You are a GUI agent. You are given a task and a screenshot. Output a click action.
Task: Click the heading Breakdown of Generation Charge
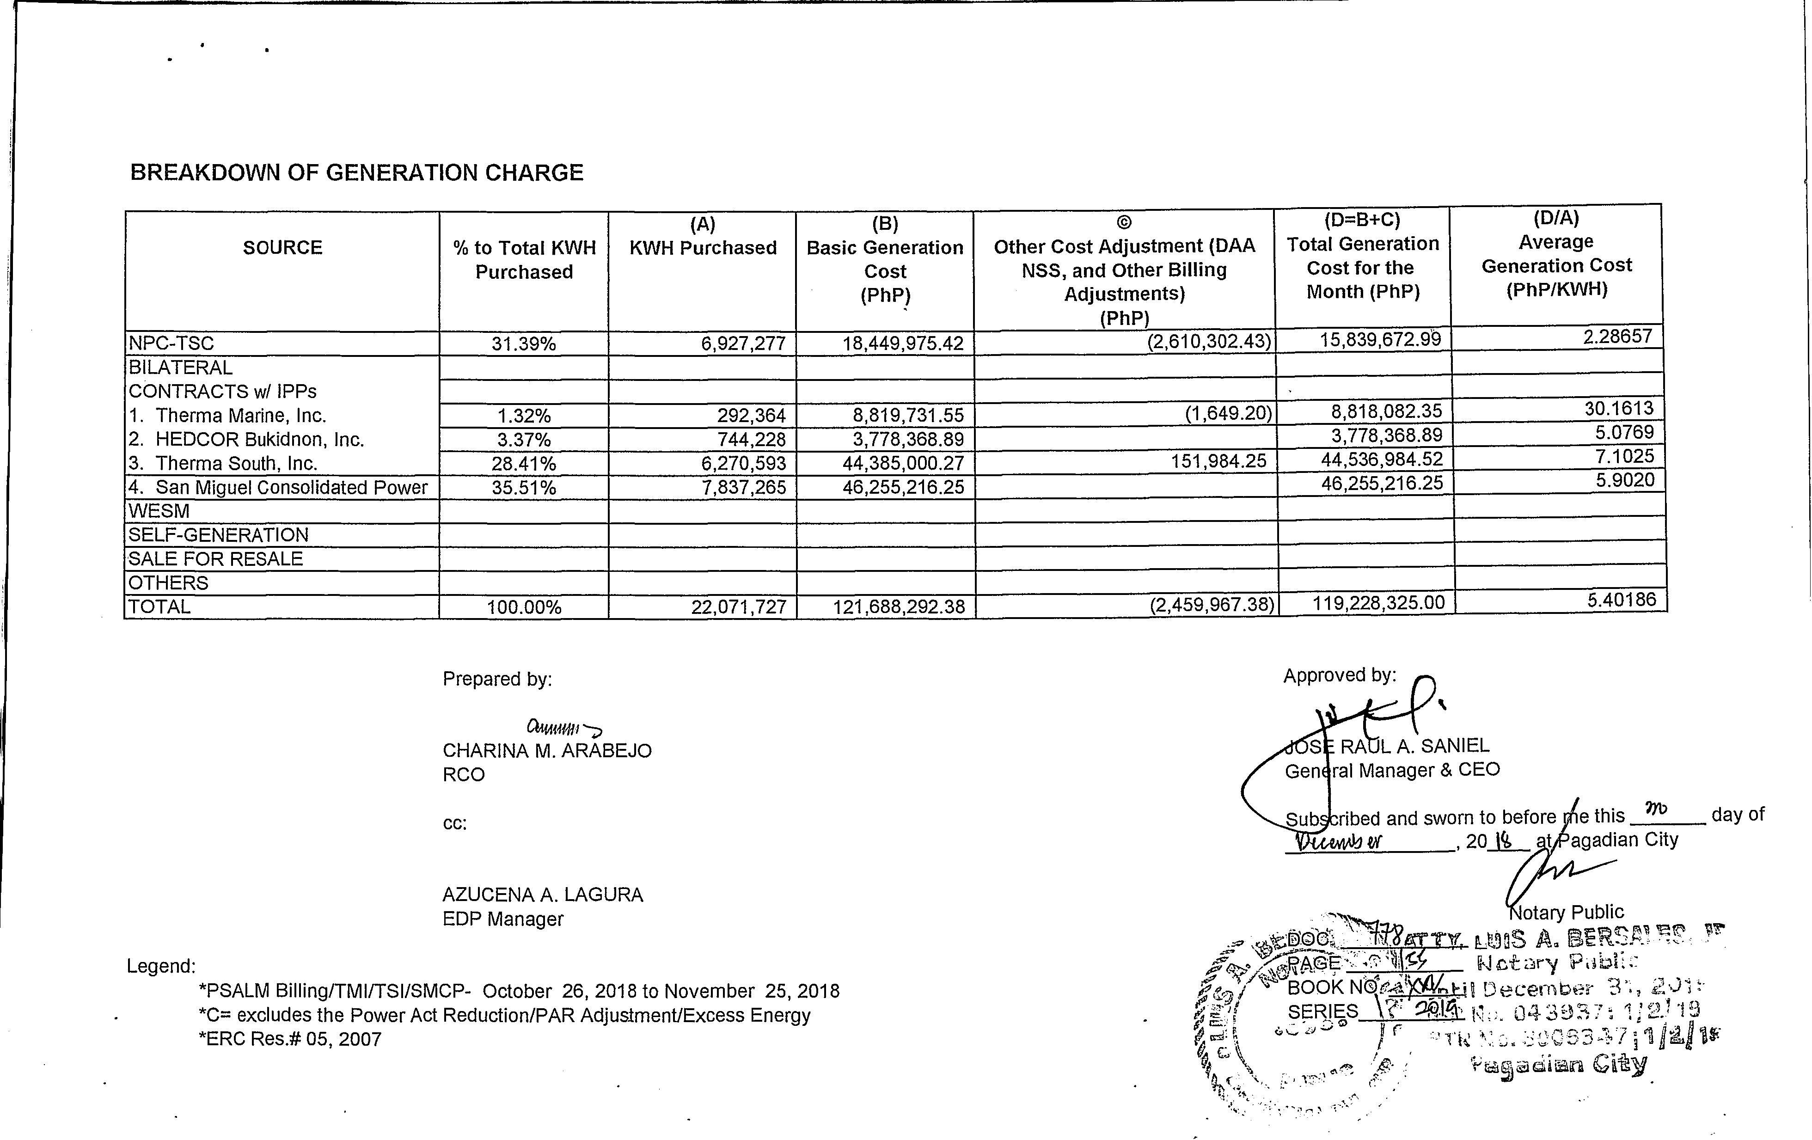tap(357, 173)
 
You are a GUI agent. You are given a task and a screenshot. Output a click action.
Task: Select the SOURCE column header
tap(282, 248)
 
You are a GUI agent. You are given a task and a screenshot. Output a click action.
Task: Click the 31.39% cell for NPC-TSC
tap(524, 344)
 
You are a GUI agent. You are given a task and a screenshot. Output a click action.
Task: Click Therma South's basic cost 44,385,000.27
tap(903, 463)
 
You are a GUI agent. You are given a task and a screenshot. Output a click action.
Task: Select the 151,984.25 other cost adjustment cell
tap(1218, 460)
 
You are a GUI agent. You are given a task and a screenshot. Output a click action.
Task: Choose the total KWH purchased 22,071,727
tap(739, 607)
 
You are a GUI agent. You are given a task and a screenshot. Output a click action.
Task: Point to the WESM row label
tap(159, 512)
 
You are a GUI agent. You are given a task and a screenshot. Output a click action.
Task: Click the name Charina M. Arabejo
tap(547, 751)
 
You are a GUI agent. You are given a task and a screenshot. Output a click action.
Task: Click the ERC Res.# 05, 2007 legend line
tap(290, 1039)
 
